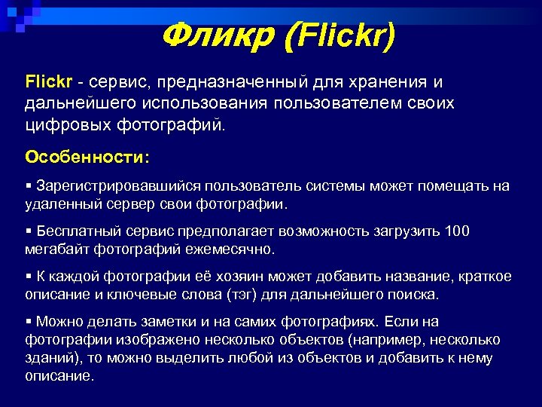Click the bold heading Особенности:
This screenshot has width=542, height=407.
87,157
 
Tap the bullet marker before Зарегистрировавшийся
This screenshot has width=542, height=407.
29,186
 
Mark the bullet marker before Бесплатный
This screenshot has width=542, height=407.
29,231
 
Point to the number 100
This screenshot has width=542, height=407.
457,231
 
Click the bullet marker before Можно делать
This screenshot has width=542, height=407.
29,322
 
